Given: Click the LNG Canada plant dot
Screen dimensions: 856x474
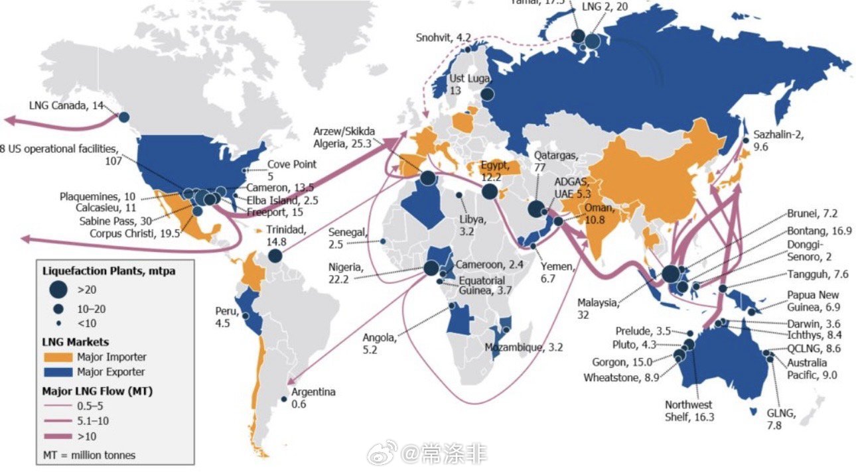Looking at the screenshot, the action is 123,117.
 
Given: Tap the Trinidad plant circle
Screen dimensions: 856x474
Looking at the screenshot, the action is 275,257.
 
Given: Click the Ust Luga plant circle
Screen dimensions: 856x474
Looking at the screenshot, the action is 487,95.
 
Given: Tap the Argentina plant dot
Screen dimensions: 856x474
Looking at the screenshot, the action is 284,398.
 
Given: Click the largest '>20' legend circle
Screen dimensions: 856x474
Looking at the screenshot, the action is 59,289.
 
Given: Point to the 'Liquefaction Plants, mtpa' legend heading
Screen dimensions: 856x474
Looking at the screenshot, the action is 99,270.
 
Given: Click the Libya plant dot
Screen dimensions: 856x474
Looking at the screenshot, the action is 460,195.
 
